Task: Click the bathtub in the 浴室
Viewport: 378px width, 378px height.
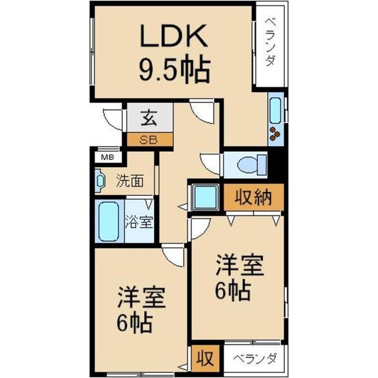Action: pyautogui.click(x=108, y=220)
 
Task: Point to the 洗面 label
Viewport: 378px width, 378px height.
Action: pyautogui.click(x=130, y=181)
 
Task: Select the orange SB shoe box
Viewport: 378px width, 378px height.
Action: pyautogui.click(x=149, y=140)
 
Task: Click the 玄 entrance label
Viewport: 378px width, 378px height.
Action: pyautogui.click(x=149, y=118)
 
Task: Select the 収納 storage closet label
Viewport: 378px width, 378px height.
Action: pyautogui.click(x=254, y=198)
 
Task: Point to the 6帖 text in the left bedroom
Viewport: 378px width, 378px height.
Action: pyautogui.click(x=134, y=324)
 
